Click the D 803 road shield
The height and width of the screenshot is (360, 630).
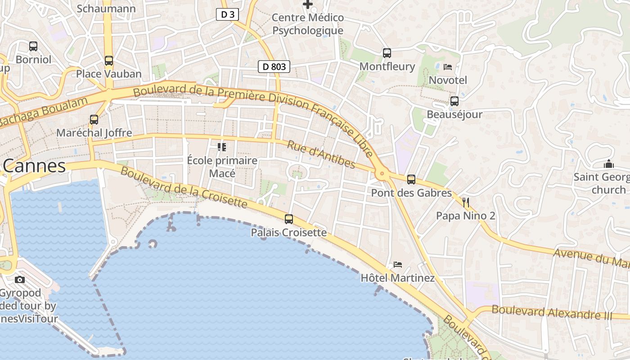274,67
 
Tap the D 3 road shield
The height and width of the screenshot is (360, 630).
227,14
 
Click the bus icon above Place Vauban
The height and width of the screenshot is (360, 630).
108,61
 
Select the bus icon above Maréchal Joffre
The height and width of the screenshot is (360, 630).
94,120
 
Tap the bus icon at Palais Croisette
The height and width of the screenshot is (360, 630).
288,219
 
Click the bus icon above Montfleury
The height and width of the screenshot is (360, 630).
387,53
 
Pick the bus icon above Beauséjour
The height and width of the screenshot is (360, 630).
454,101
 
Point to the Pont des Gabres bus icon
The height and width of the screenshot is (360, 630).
411,180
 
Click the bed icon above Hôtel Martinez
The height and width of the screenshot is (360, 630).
397,264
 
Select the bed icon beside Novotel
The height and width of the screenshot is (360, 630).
447,67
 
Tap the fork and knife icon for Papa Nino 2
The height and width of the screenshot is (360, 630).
465,202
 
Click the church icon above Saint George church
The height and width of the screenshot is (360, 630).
609,164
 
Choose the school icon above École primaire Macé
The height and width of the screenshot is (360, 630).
221,147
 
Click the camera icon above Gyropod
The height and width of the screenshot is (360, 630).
20,279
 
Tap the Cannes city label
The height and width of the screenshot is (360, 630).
34,166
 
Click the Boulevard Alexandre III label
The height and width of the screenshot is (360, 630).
552,312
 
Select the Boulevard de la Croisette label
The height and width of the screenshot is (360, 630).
184,188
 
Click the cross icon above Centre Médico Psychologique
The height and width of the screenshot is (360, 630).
308,4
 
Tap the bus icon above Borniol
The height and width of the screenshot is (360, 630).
33,46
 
